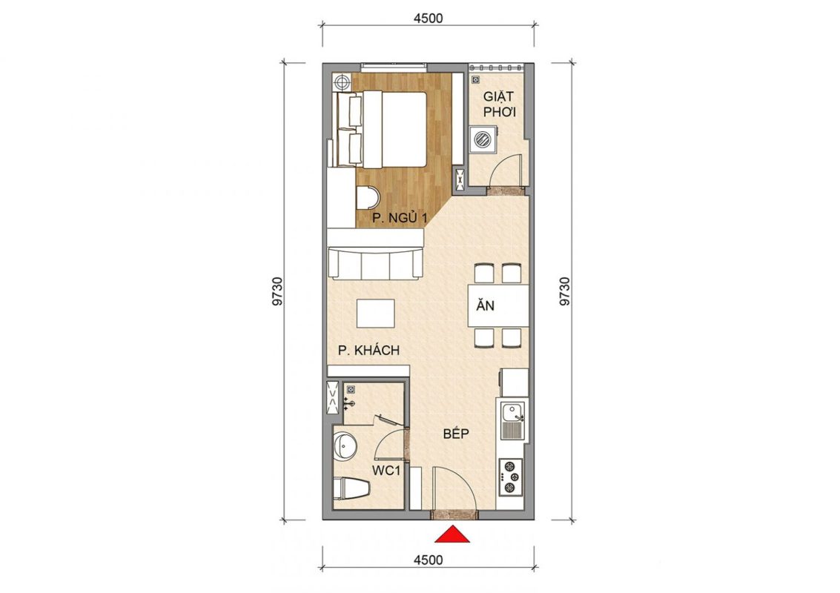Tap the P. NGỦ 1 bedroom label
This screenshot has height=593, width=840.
point(400,217)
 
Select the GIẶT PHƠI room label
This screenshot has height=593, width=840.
point(499,105)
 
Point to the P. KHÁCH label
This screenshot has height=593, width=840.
point(368,351)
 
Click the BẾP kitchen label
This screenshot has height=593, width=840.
point(456,434)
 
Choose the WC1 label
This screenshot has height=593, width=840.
point(386,472)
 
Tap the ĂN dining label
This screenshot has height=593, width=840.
point(486,305)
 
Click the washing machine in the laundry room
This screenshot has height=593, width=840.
point(483,139)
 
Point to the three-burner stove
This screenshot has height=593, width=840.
point(511,477)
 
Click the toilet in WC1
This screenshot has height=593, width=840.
point(351,489)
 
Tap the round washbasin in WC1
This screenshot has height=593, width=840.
point(345,446)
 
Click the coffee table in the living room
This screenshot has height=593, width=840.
point(376,314)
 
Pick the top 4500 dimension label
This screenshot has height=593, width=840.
point(429,19)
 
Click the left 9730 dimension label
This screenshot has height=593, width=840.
point(277,291)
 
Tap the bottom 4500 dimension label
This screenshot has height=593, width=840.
point(429,560)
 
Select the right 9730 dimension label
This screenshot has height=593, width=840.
point(565,291)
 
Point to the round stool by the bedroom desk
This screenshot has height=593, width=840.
point(368,197)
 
